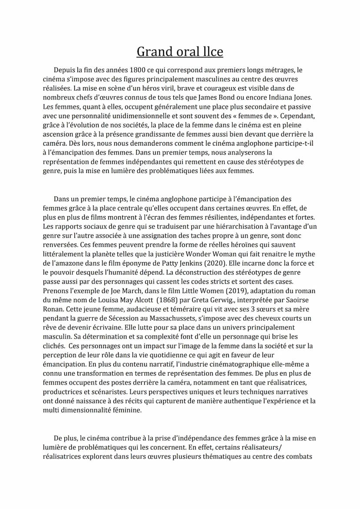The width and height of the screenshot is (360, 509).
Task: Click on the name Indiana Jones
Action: pyautogui.click(x=289, y=97)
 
